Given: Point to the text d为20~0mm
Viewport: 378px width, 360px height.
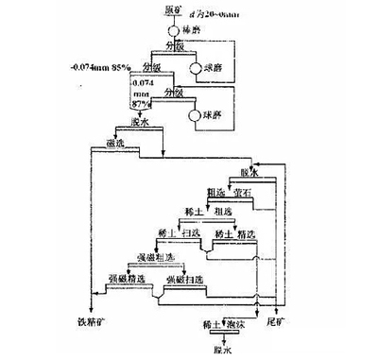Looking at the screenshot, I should click(x=214, y=12).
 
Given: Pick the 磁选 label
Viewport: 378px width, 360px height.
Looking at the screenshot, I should click(x=144, y=143).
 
